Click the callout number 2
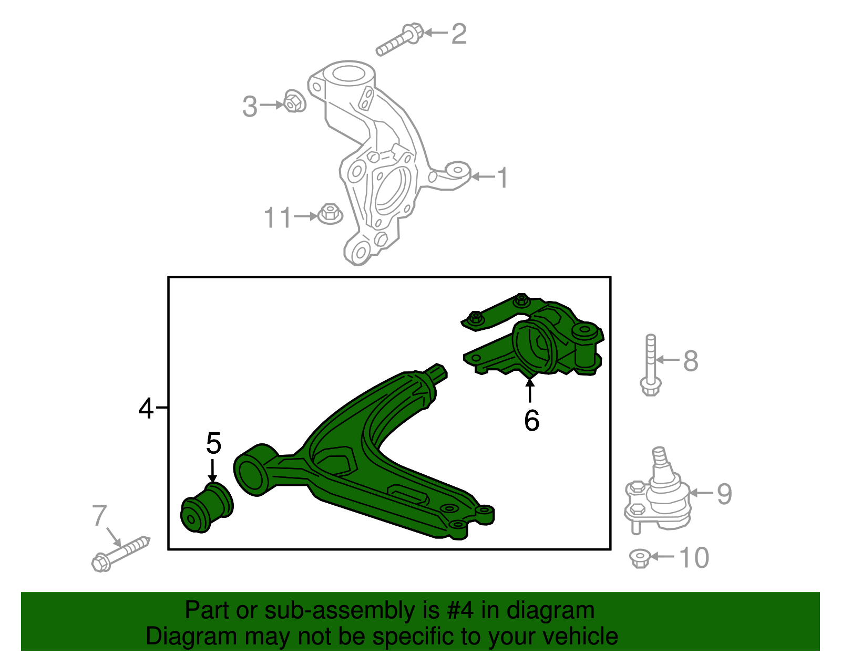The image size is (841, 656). click(459, 34)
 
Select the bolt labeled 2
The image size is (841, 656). click(399, 39)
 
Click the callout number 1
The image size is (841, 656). click(503, 178)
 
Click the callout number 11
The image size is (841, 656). click(278, 217)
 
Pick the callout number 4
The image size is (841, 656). click(146, 408)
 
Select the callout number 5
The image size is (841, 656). click(213, 443)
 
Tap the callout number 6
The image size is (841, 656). click(531, 420)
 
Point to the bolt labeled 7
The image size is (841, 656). click(121, 554)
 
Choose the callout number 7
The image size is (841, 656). click(99, 516)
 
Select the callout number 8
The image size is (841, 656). click(691, 361)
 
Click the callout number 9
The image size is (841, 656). click(724, 494)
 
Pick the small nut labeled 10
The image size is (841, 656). click(640, 558)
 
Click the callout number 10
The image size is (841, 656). click(694, 558)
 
